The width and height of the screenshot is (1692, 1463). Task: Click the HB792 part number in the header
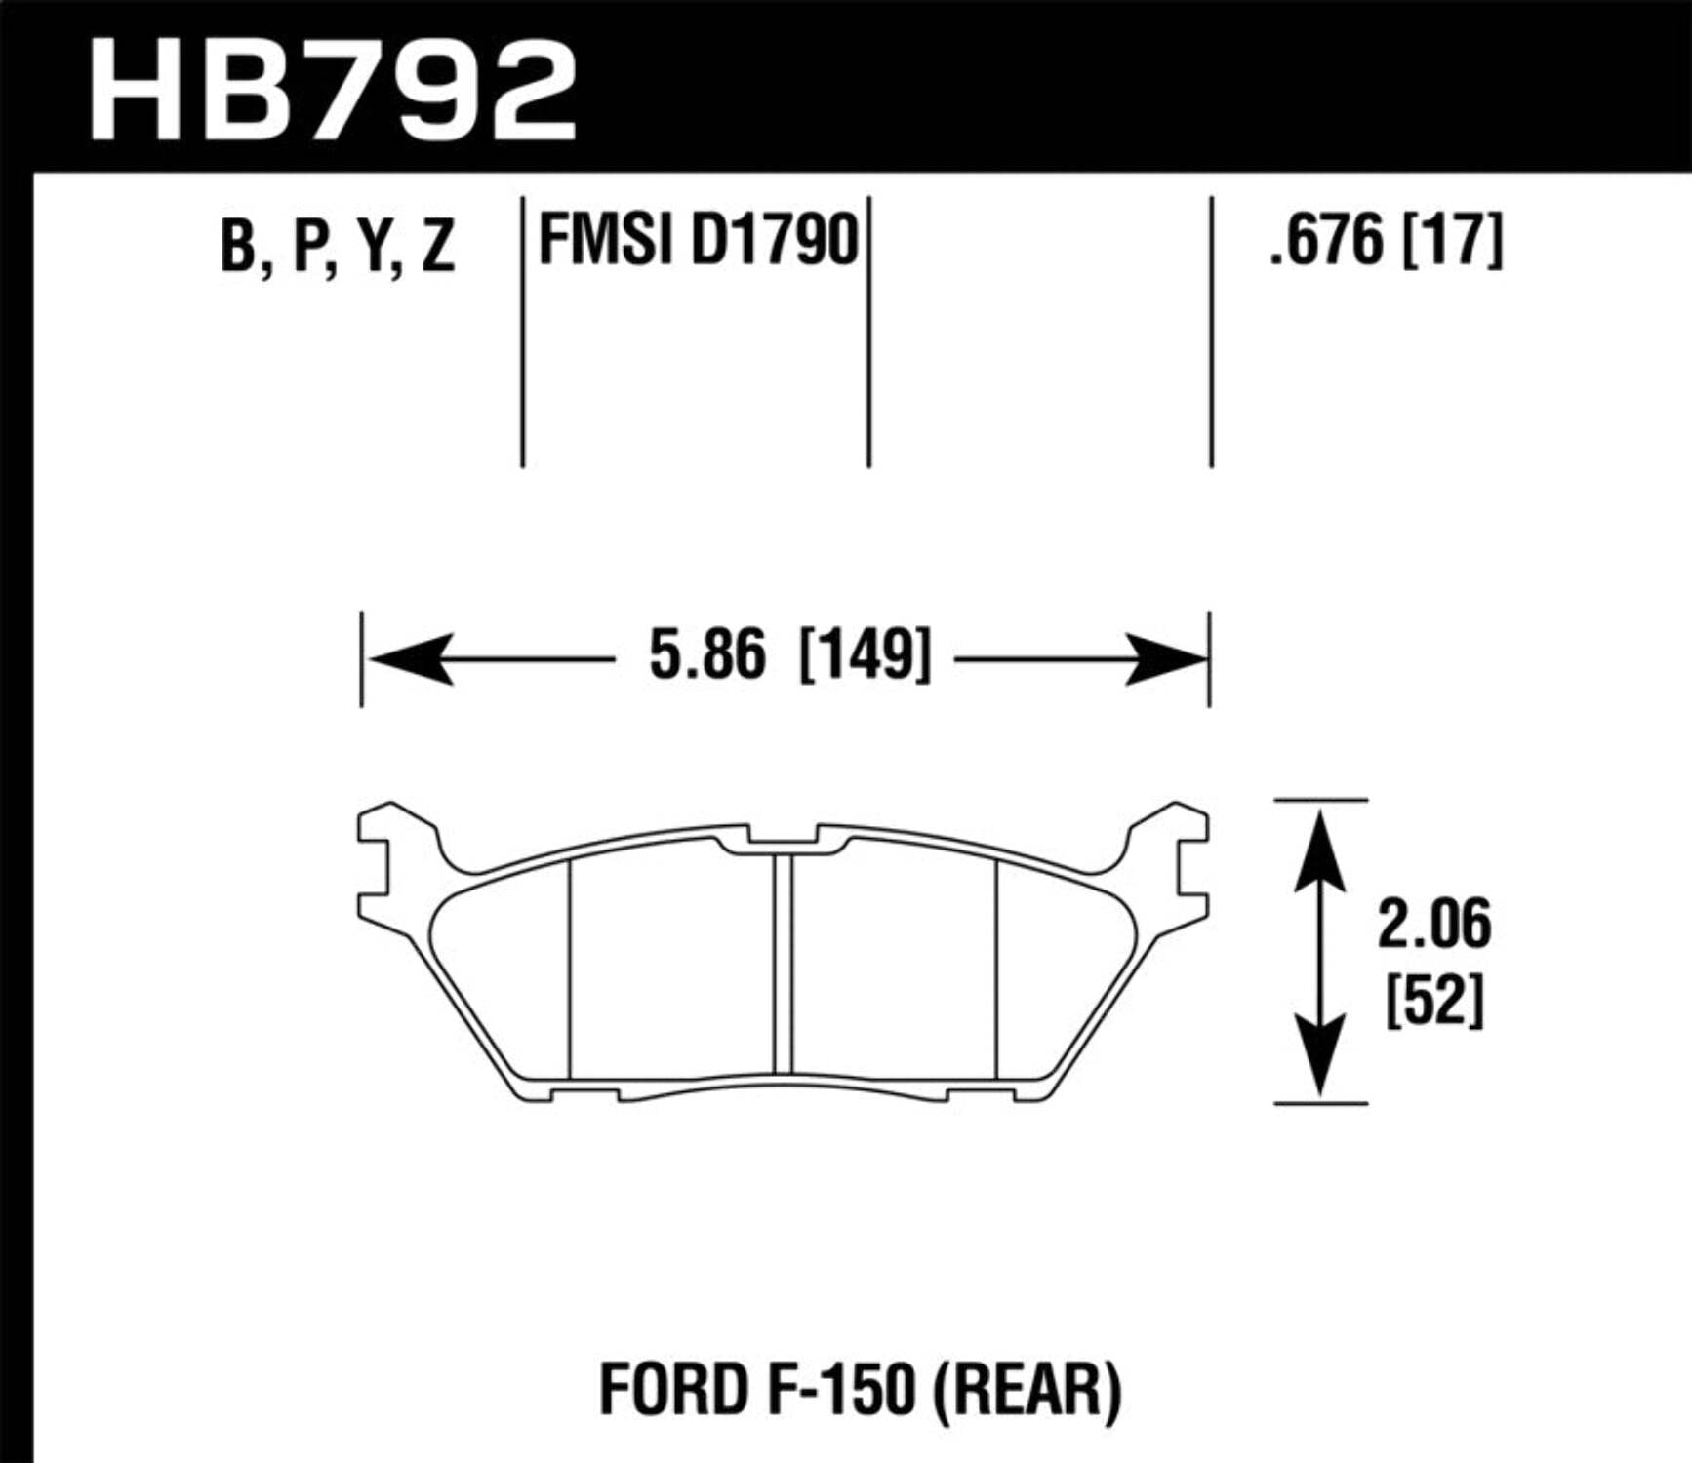[x=332, y=93]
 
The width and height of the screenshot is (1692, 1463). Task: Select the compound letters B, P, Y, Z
[x=337, y=246]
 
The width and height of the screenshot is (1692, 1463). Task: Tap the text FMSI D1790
[x=698, y=241]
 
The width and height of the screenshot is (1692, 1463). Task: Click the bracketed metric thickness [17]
[x=1452, y=241]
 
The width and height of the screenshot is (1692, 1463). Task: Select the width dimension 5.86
[x=707, y=655]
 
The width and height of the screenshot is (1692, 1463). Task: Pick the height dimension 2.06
[x=1433, y=925]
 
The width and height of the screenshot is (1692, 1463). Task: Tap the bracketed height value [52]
[x=1434, y=1000]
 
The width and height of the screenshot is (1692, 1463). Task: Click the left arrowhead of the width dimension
[x=410, y=659]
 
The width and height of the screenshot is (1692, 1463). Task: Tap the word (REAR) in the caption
[x=1027, y=1390]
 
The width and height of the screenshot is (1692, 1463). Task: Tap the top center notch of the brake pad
[x=783, y=836]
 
